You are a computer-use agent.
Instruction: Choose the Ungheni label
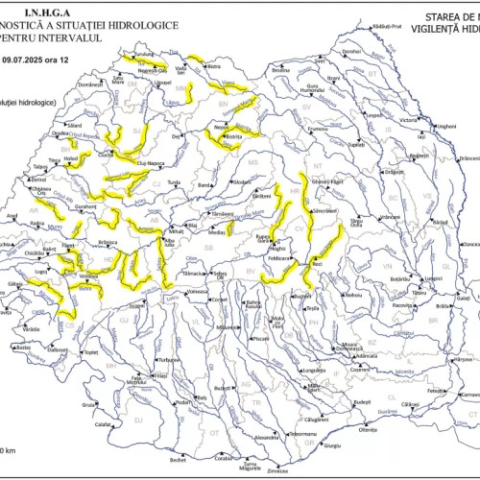(x=445, y=126)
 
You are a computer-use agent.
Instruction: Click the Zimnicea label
(x=278, y=470)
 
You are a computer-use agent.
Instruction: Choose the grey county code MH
(x=109, y=367)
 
